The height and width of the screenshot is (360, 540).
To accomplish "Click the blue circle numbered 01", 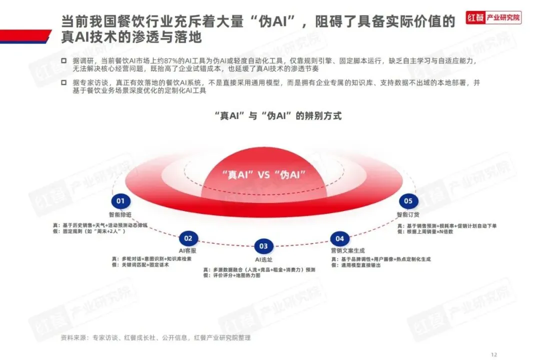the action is [120, 201].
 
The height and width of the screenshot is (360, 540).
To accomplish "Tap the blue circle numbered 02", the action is [188, 238].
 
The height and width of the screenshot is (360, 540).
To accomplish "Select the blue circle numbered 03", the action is [263, 245].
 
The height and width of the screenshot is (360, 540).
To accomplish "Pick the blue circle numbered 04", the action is [339, 238].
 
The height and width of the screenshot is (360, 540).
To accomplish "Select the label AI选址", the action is [263, 259].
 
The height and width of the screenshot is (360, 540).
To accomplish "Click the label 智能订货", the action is [407, 215].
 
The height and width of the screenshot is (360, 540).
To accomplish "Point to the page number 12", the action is [494, 352].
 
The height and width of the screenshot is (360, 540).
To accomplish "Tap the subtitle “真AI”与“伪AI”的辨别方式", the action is [278, 116].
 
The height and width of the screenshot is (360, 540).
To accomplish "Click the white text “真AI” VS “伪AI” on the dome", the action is [263, 174].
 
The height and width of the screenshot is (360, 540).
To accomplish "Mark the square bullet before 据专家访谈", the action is [63, 82].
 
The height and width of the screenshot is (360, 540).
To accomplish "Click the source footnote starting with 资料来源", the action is [155, 337].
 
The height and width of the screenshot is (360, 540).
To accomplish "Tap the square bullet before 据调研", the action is [63, 61].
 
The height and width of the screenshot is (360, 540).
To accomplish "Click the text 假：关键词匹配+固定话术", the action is [140, 265].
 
